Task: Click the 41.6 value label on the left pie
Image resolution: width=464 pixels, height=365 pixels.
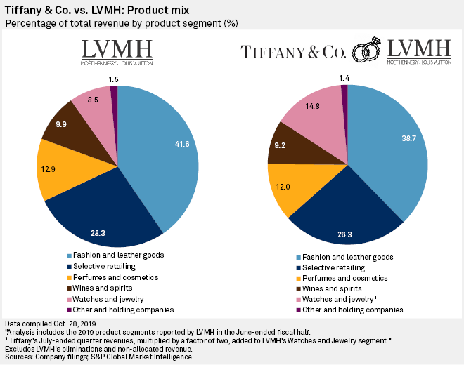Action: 182,144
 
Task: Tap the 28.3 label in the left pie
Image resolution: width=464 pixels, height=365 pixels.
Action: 98,233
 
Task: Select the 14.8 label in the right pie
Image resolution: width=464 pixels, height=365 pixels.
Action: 312,106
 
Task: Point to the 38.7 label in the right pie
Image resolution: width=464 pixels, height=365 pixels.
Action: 409,138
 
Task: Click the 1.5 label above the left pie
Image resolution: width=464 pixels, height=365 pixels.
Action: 113,79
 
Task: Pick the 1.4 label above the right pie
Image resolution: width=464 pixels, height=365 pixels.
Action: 344,78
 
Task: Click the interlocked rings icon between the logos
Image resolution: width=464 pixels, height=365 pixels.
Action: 366,51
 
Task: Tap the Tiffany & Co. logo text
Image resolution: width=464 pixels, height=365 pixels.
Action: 293,52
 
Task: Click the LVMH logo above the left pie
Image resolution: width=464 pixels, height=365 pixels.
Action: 117,53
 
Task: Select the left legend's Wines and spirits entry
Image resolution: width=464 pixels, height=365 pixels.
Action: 100,288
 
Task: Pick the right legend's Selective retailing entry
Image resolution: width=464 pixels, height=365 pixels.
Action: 330,267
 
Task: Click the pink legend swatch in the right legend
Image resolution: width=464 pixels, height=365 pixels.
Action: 299,300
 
